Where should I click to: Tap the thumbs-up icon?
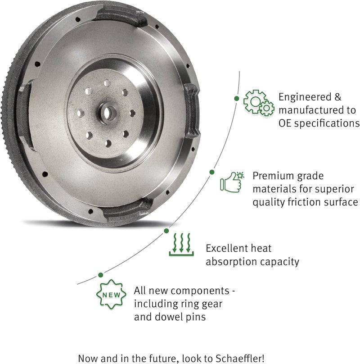(232, 182)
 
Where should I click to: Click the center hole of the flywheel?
(108, 112)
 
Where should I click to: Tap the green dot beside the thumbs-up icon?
(211, 172)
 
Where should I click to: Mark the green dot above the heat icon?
(166, 230)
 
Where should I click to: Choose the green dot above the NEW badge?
(100, 274)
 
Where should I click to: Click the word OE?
(286, 123)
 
